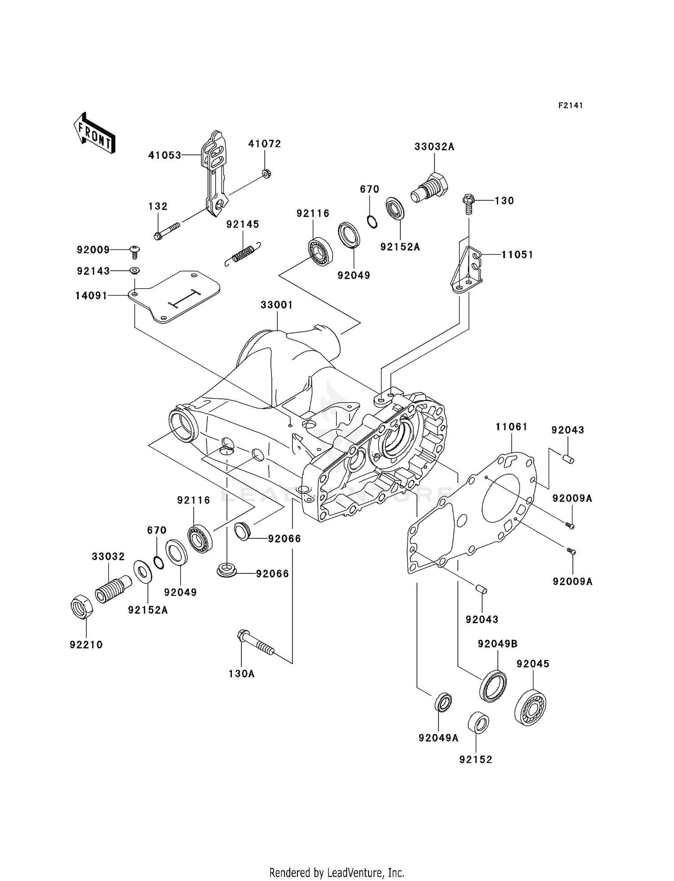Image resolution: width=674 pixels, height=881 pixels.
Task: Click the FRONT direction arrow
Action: [94, 133]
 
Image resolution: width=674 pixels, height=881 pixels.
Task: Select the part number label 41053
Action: [165, 155]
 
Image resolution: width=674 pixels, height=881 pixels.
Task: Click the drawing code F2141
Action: [570, 106]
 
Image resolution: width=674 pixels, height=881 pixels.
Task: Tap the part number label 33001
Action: [277, 305]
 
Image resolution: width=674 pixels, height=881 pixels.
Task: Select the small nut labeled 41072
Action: [266, 173]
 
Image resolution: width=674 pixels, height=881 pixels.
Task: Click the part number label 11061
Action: [511, 427]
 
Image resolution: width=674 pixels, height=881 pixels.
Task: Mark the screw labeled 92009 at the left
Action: [134, 251]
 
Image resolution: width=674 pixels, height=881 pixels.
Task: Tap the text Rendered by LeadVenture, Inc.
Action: [337, 872]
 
